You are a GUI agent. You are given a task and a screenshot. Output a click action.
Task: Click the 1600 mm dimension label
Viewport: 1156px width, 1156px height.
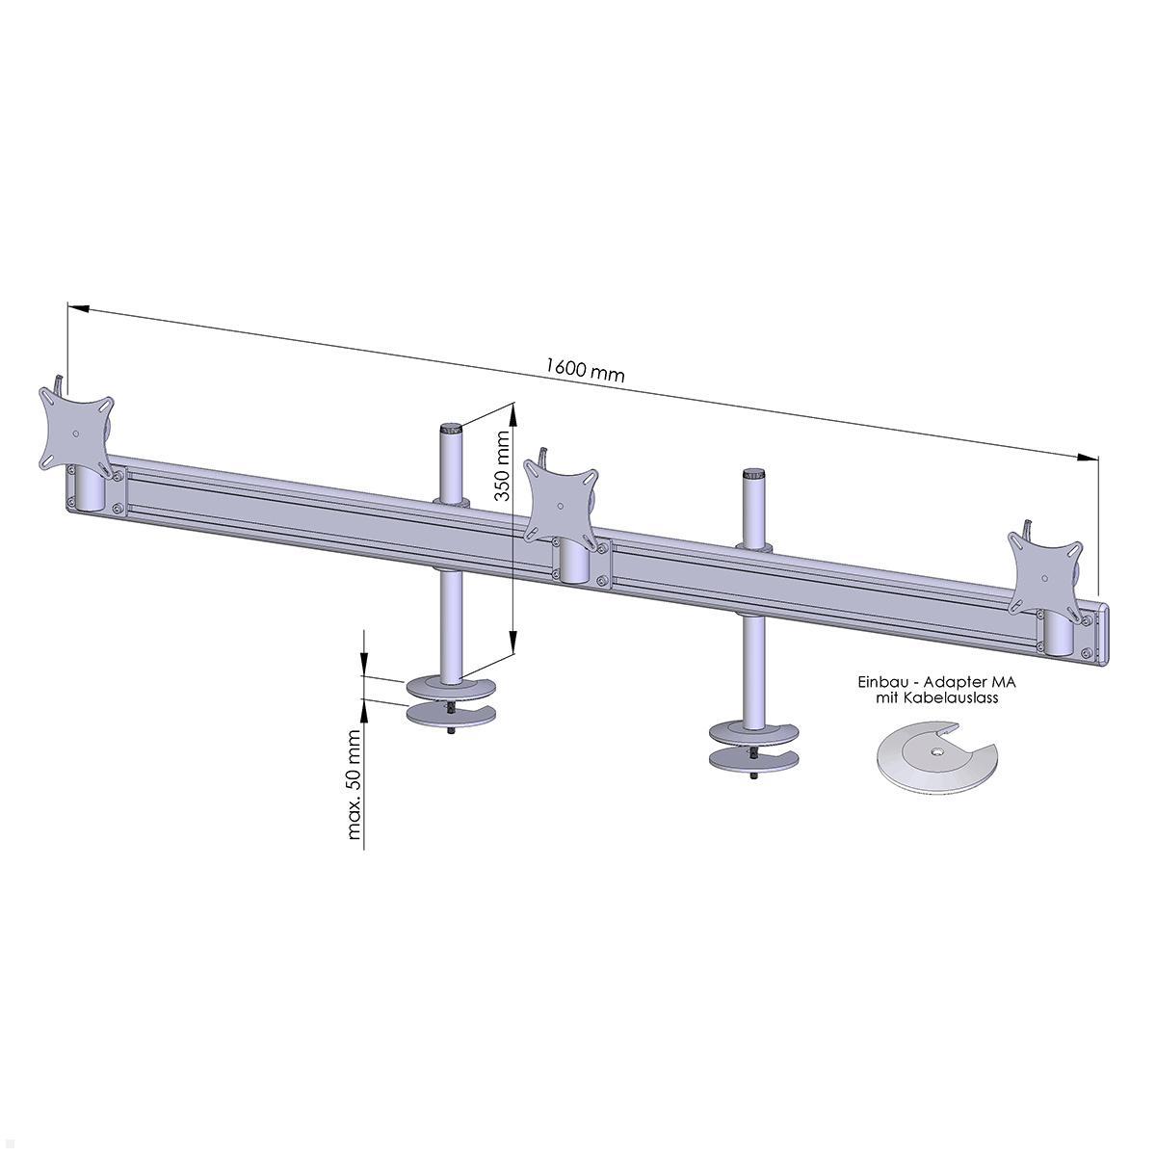584,369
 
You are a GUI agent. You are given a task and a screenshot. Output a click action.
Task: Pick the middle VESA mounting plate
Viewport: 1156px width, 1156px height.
559,500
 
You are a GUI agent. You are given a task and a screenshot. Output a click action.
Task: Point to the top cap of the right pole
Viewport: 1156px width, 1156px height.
753,475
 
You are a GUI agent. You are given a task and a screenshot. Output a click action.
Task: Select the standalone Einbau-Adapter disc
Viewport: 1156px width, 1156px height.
934,761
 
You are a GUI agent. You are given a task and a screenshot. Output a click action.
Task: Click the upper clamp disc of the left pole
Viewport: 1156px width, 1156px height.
450,688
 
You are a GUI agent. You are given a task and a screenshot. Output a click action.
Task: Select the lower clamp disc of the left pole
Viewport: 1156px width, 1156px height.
450,716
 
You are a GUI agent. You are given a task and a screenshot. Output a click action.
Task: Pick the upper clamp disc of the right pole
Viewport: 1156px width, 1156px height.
752,731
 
